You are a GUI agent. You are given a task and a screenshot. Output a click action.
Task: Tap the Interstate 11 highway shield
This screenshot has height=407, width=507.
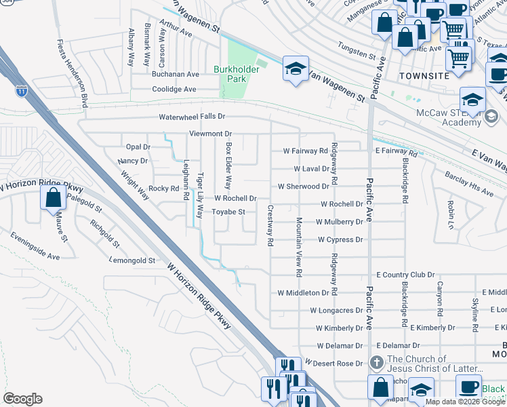[24, 91]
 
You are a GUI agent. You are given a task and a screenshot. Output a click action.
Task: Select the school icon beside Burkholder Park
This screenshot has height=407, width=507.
[295, 69]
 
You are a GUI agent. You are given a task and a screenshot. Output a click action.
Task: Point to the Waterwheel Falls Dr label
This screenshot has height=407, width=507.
[192, 117]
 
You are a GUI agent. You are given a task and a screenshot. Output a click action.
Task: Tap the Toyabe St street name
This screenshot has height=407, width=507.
[228, 212]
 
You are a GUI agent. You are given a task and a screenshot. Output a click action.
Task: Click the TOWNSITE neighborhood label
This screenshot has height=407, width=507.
[424, 76]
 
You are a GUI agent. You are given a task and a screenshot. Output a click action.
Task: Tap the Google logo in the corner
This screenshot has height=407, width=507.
[22, 399]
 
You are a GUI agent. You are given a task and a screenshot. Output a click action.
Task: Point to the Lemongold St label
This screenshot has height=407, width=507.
[133, 260]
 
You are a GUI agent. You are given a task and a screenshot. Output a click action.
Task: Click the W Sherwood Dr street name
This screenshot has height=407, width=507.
[304, 186]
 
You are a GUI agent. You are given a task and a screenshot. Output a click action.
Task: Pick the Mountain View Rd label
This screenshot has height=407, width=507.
[299, 247]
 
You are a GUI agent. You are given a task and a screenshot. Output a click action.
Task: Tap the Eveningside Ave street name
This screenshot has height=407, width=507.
[35, 246]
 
